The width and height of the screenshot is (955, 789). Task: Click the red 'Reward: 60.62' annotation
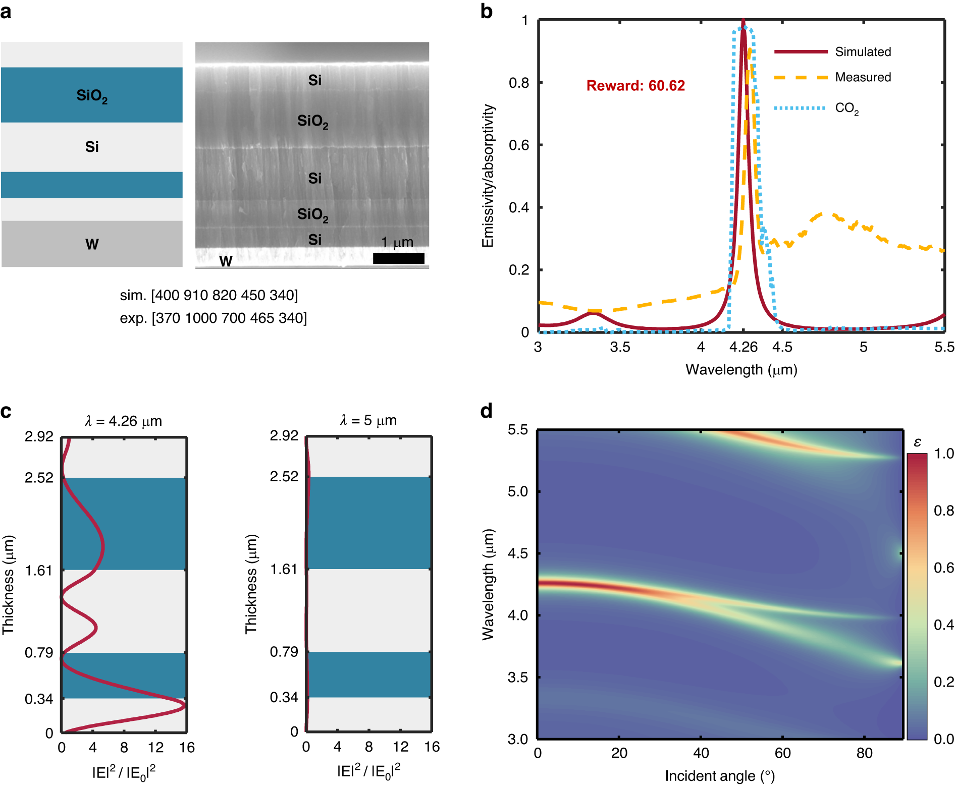[635, 86]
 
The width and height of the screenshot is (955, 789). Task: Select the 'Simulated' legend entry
[863, 52]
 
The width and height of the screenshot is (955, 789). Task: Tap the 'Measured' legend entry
[863, 77]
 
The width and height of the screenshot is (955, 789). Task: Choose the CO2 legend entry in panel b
[846, 108]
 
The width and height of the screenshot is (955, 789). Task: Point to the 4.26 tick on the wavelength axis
[744, 347]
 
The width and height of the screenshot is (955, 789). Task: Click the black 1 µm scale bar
[398, 259]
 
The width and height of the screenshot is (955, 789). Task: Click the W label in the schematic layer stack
[92, 245]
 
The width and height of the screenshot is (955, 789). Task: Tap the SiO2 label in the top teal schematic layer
[92, 96]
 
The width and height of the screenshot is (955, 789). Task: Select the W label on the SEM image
[226, 261]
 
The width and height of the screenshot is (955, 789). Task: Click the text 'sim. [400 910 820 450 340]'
[209, 295]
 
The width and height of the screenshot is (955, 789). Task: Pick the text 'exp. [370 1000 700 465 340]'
[213, 318]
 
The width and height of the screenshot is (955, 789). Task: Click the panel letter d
[486, 412]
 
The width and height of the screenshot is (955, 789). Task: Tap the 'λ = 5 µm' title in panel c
[368, 420]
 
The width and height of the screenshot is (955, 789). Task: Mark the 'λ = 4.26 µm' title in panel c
[124, 421]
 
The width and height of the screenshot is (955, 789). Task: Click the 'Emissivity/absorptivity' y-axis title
[488, 176]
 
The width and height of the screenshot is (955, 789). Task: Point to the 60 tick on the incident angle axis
[782, 753]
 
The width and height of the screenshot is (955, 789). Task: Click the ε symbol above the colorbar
[917, 442]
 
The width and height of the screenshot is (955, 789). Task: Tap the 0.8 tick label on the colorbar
[943, 511]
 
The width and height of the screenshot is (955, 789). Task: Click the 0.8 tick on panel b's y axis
[519, 83]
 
